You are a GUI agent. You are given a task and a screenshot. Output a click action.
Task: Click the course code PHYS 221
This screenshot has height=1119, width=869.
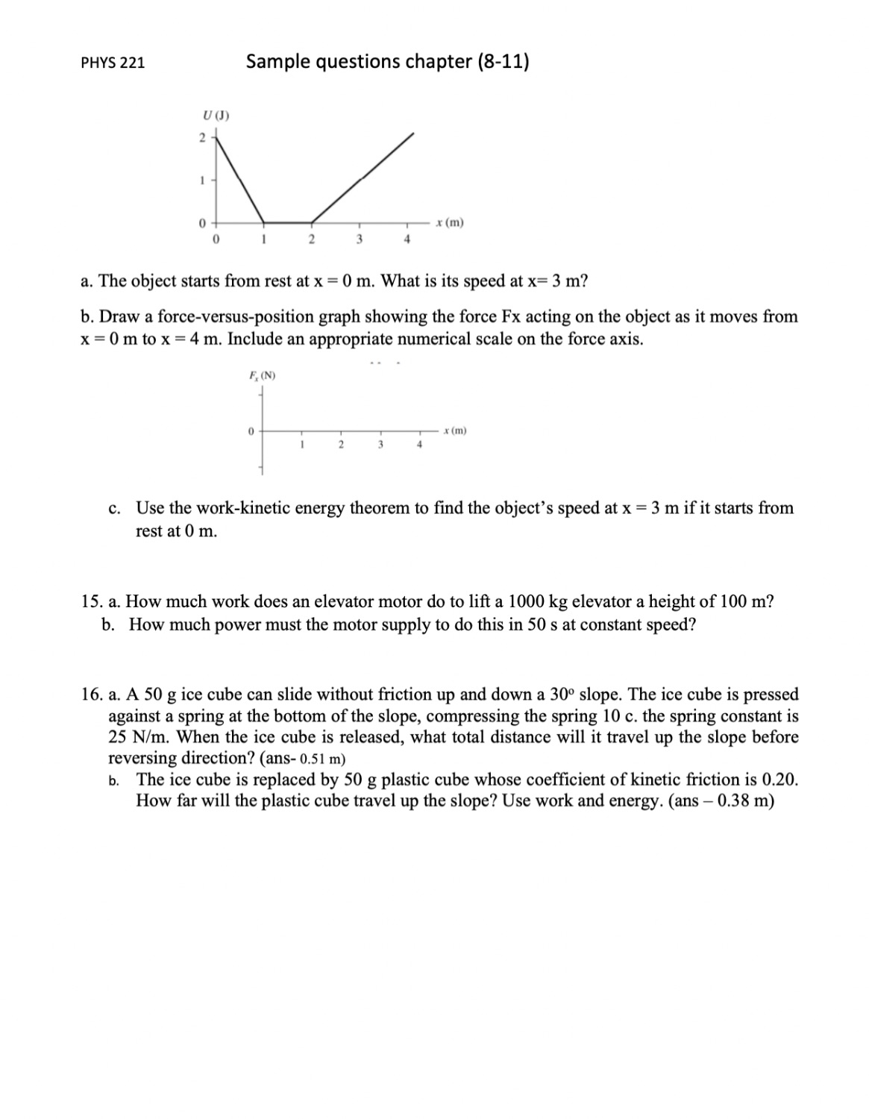tap(113, 63)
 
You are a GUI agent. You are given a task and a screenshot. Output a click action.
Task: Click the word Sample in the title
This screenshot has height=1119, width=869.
tap(277, 61)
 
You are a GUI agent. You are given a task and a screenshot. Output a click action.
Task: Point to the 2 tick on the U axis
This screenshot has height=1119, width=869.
tap(201, 137)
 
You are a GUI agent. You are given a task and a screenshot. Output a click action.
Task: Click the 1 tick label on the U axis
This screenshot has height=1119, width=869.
tap(201, 180)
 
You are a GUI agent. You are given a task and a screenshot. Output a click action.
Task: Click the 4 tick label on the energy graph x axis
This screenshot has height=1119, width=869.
tap(407, 239)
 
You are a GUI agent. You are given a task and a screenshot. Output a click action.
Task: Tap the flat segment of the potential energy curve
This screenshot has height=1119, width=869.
tap(287, 222)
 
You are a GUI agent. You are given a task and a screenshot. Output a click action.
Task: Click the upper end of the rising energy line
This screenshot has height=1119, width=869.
tap(413, 134)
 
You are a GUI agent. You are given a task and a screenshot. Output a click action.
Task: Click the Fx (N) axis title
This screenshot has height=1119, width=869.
tap(261, 375)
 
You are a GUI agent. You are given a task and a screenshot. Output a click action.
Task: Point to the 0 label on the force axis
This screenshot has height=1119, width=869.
tap(251, 430)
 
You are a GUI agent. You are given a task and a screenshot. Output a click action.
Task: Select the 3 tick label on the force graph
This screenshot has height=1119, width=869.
tap(380, 445)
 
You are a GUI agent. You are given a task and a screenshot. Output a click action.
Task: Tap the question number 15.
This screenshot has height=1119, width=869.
tap(91, 602)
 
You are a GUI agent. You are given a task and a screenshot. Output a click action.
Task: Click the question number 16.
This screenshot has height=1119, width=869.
tap(91, 695)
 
